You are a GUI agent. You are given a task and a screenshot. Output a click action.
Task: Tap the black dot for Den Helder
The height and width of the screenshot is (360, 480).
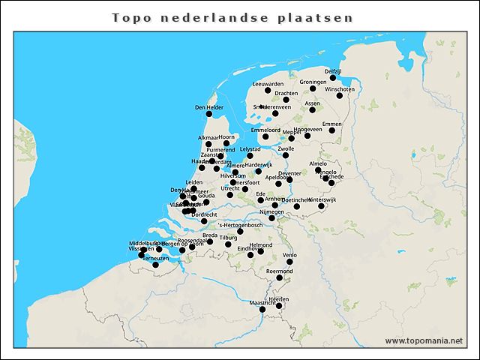pyautogui.click(x=210, y=114)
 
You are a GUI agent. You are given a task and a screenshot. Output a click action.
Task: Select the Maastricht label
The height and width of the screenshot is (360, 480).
pyautogui.click(x=263, y=302)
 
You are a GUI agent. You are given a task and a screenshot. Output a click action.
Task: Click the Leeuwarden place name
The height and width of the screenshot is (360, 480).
pyautogui.click(x=268, y=84)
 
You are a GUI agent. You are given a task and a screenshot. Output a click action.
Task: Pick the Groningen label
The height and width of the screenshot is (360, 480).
pyautogui.click(x=313, y=82)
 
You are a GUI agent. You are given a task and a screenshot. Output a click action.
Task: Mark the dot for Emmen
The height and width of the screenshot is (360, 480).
pyautogui.click(x=332, y=130)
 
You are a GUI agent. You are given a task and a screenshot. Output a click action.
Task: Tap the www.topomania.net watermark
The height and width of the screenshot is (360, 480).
pyautogui.click(x=424, y=340)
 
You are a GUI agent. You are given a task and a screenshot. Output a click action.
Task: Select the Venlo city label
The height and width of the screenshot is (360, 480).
pyautogui.click(x=290, y=255)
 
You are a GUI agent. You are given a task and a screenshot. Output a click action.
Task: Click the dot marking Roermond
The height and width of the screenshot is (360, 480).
pyautogui.click(x=280, y=278)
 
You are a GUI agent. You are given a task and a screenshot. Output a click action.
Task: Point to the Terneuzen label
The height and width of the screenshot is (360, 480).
pyautogui.click(x=157, y=257)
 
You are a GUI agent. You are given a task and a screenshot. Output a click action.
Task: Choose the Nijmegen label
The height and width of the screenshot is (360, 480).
pyautogui.click(x=271, y=212)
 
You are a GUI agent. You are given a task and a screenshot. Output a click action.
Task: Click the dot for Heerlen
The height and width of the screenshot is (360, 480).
pyautogui.click(x=279, y=305)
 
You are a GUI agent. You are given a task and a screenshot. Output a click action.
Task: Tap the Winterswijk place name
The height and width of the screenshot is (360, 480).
pyautogui.click(x=322, y=199)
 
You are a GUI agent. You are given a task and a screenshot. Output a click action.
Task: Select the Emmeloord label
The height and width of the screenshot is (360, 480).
pyautogui.click(x=265, y=130)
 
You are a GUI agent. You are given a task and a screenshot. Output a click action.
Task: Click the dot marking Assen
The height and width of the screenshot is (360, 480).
pyautogui.click(x=313, y=110)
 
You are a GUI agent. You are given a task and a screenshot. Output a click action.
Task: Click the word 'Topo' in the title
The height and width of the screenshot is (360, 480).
pyautogui.click(x=130, y=16)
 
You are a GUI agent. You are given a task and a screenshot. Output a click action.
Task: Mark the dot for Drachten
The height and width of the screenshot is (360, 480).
pyautogui.click(x=286, y=100)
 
